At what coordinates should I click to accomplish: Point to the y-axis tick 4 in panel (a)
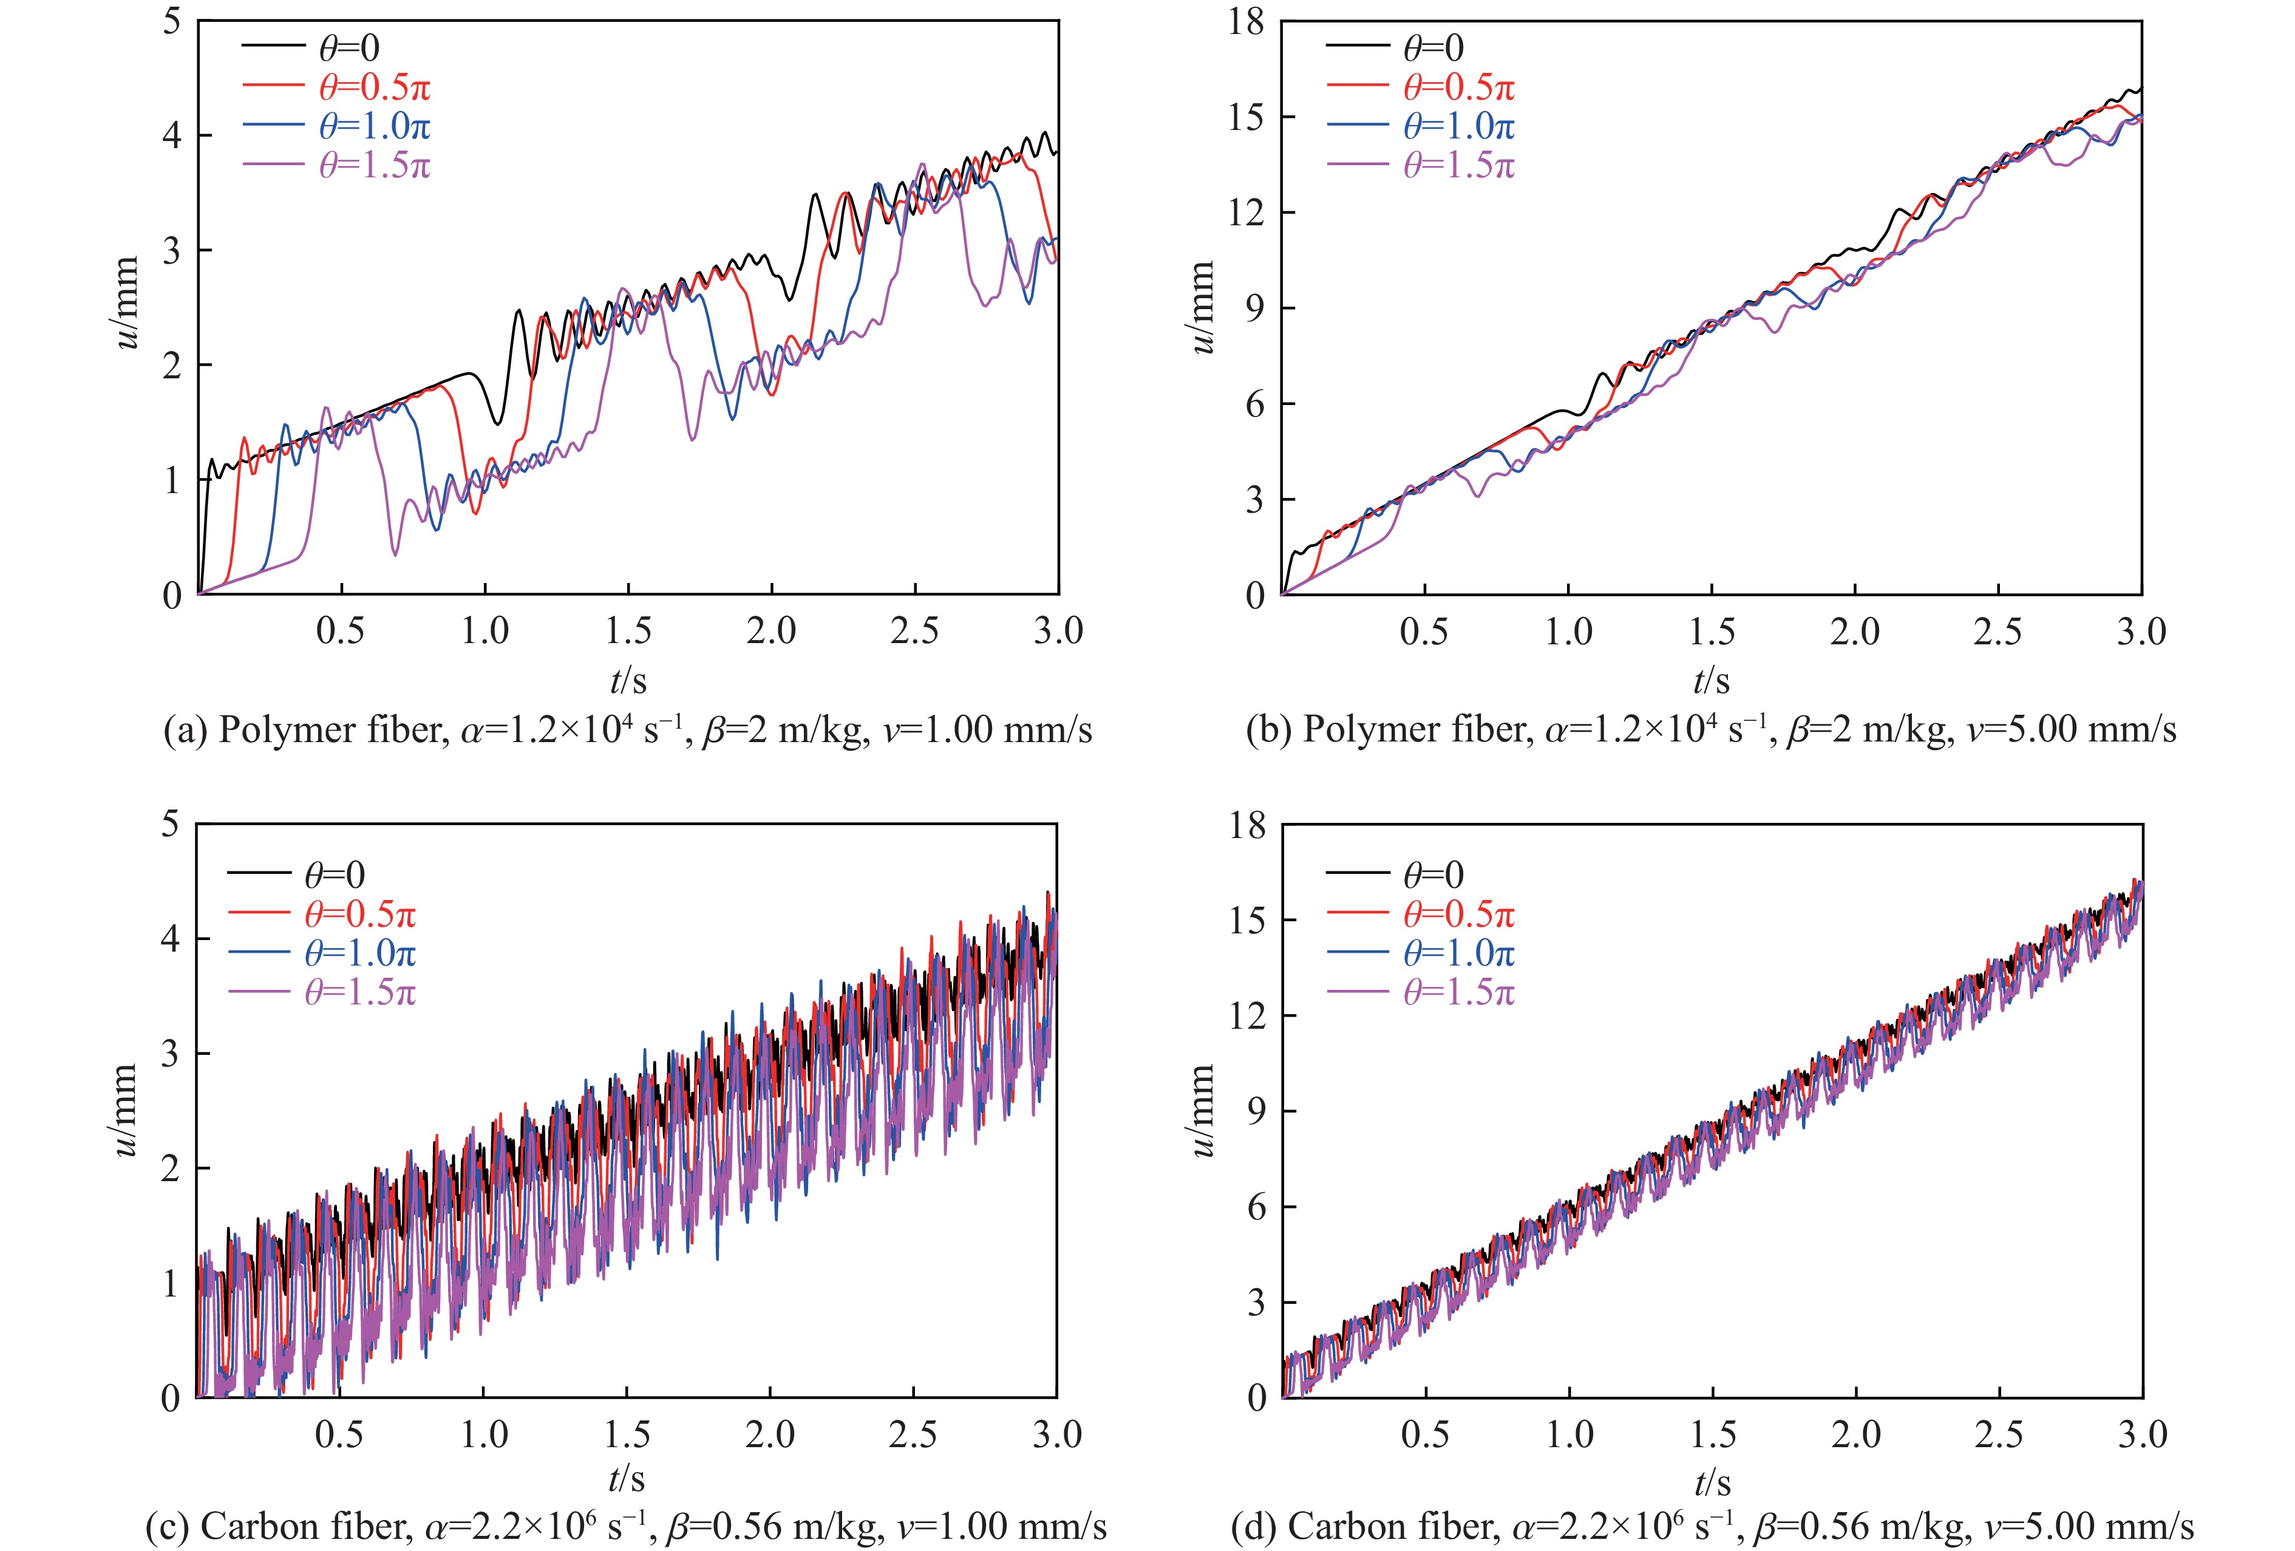pyautogui.click(x=173, y=135)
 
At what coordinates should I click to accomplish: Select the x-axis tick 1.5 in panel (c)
pyautogui.click(x=627, y=1434)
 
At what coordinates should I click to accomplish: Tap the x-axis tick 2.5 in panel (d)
pyautogui.click(x=1999, y=1434)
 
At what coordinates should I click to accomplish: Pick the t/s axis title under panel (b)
pyautogui.click(x=1712, y=680)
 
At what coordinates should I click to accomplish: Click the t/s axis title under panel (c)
pyautogui.click(x=626, y=1479)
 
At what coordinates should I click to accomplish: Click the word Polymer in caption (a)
pyautogui.click(x=282, y=730)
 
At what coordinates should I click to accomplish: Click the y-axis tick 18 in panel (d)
pyautogui.click(x=1246, y=825)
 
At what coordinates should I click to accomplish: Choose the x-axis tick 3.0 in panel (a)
pyautogui.click(x=1058, y=631)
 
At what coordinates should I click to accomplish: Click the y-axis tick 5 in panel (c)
pyautogui.click(x=173, y=825)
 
